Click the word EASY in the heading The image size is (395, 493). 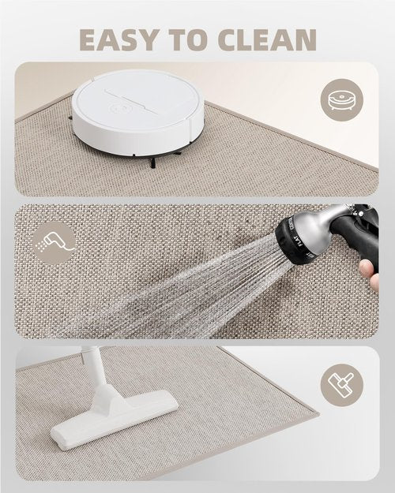click(118, 40)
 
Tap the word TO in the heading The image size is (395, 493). click(188, 40)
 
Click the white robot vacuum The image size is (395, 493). click(137, 112)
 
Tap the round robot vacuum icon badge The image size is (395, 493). click(342, 99)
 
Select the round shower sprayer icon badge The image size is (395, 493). click(55, 242)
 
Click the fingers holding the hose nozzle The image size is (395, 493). click(370, 275)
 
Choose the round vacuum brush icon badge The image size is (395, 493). click(342, 385)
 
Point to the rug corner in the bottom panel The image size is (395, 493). click(318, 413)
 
